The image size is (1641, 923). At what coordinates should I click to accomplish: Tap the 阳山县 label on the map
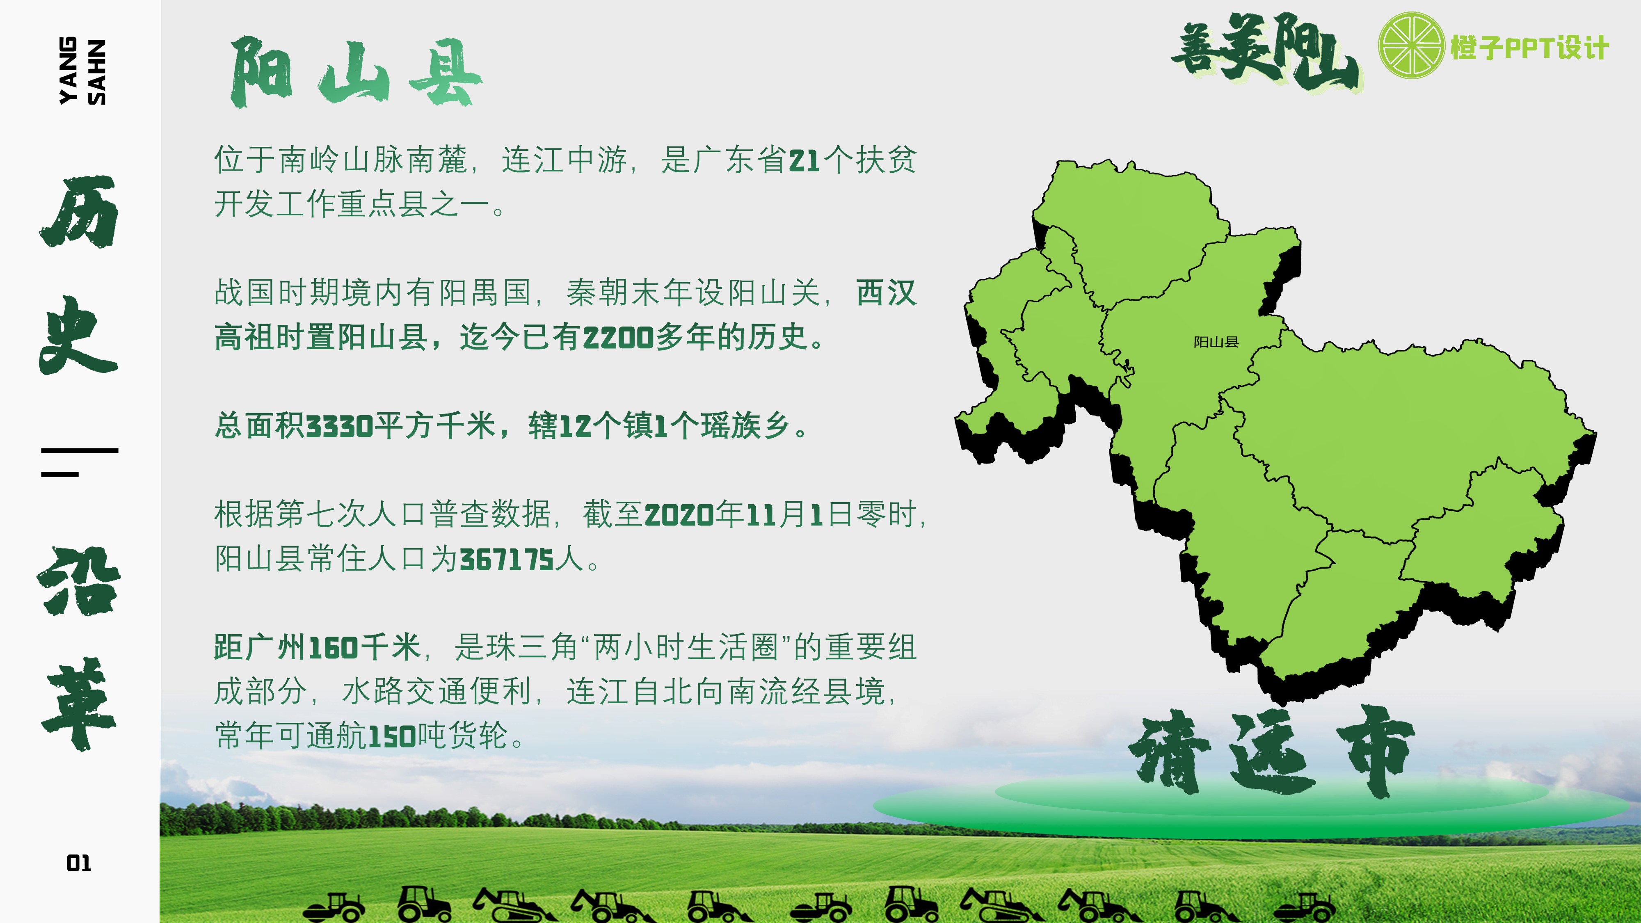(x=1216, y=342)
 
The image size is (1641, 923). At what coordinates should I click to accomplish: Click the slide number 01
(x=79, y=864)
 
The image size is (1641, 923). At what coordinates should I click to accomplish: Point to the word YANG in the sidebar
(x=68, y=70)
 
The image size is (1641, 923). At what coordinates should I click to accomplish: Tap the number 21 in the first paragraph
(x=805, y=160)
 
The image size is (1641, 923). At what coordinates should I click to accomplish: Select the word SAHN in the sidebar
(x=97, y=72)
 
